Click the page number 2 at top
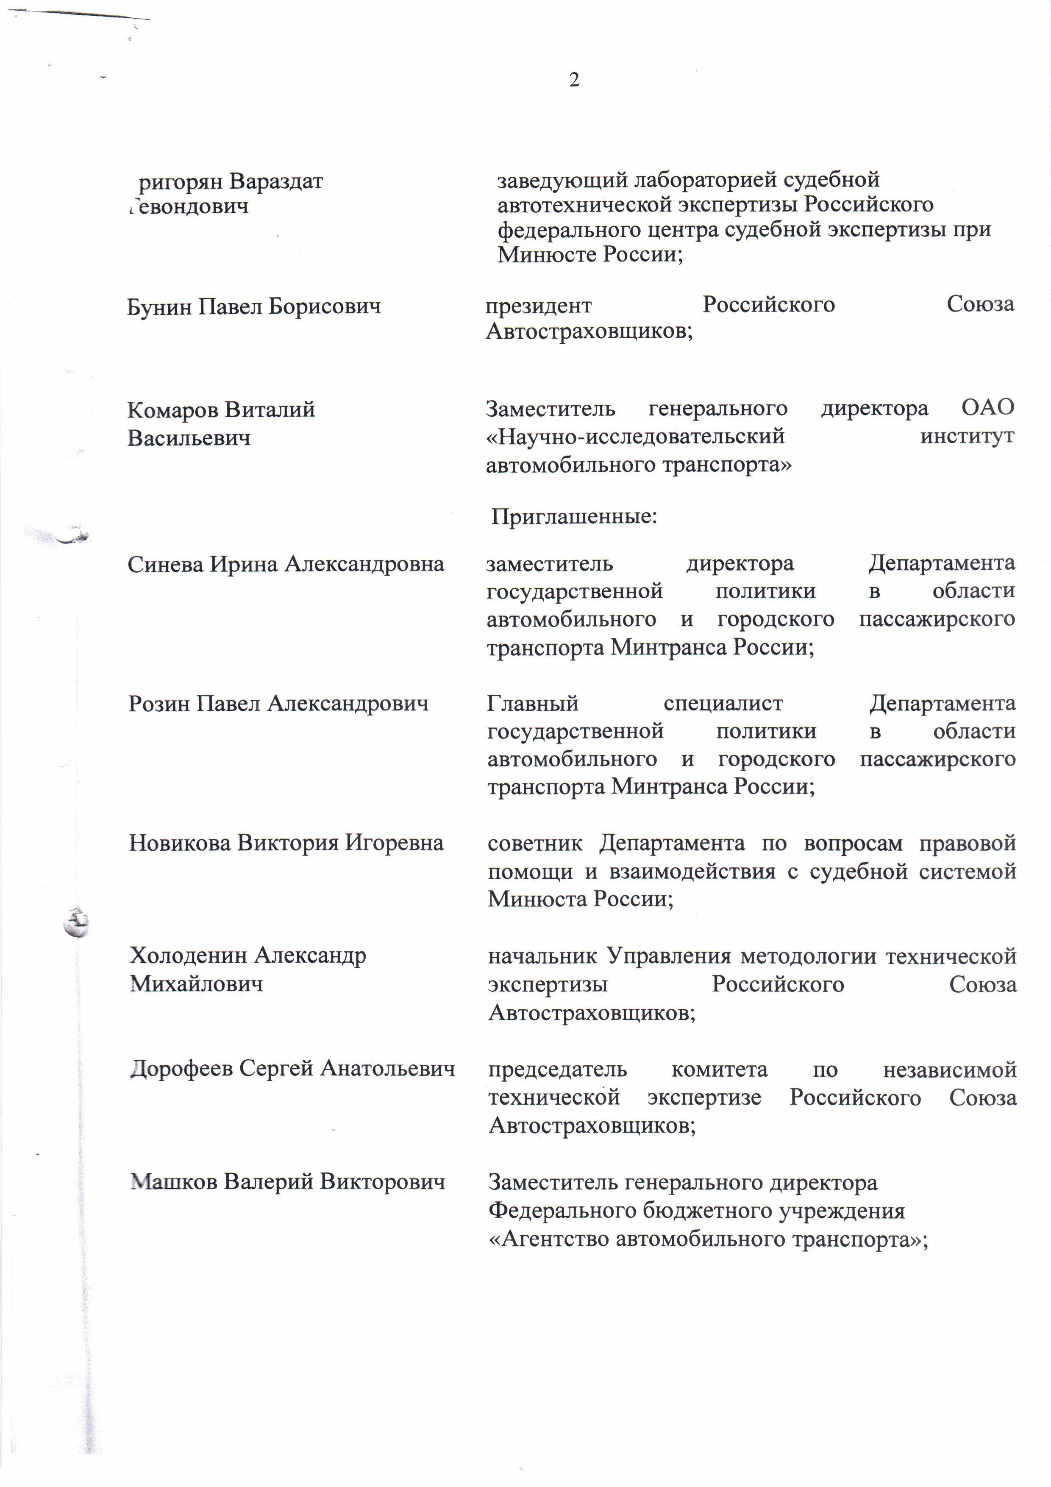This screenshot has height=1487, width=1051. point(574,80)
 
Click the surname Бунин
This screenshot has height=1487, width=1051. point(159,306)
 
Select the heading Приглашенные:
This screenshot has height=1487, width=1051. point(574,516)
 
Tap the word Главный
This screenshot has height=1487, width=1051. point(532,703)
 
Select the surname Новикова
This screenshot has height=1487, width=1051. point(180,843)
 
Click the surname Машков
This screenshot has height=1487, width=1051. point(174,1181)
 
